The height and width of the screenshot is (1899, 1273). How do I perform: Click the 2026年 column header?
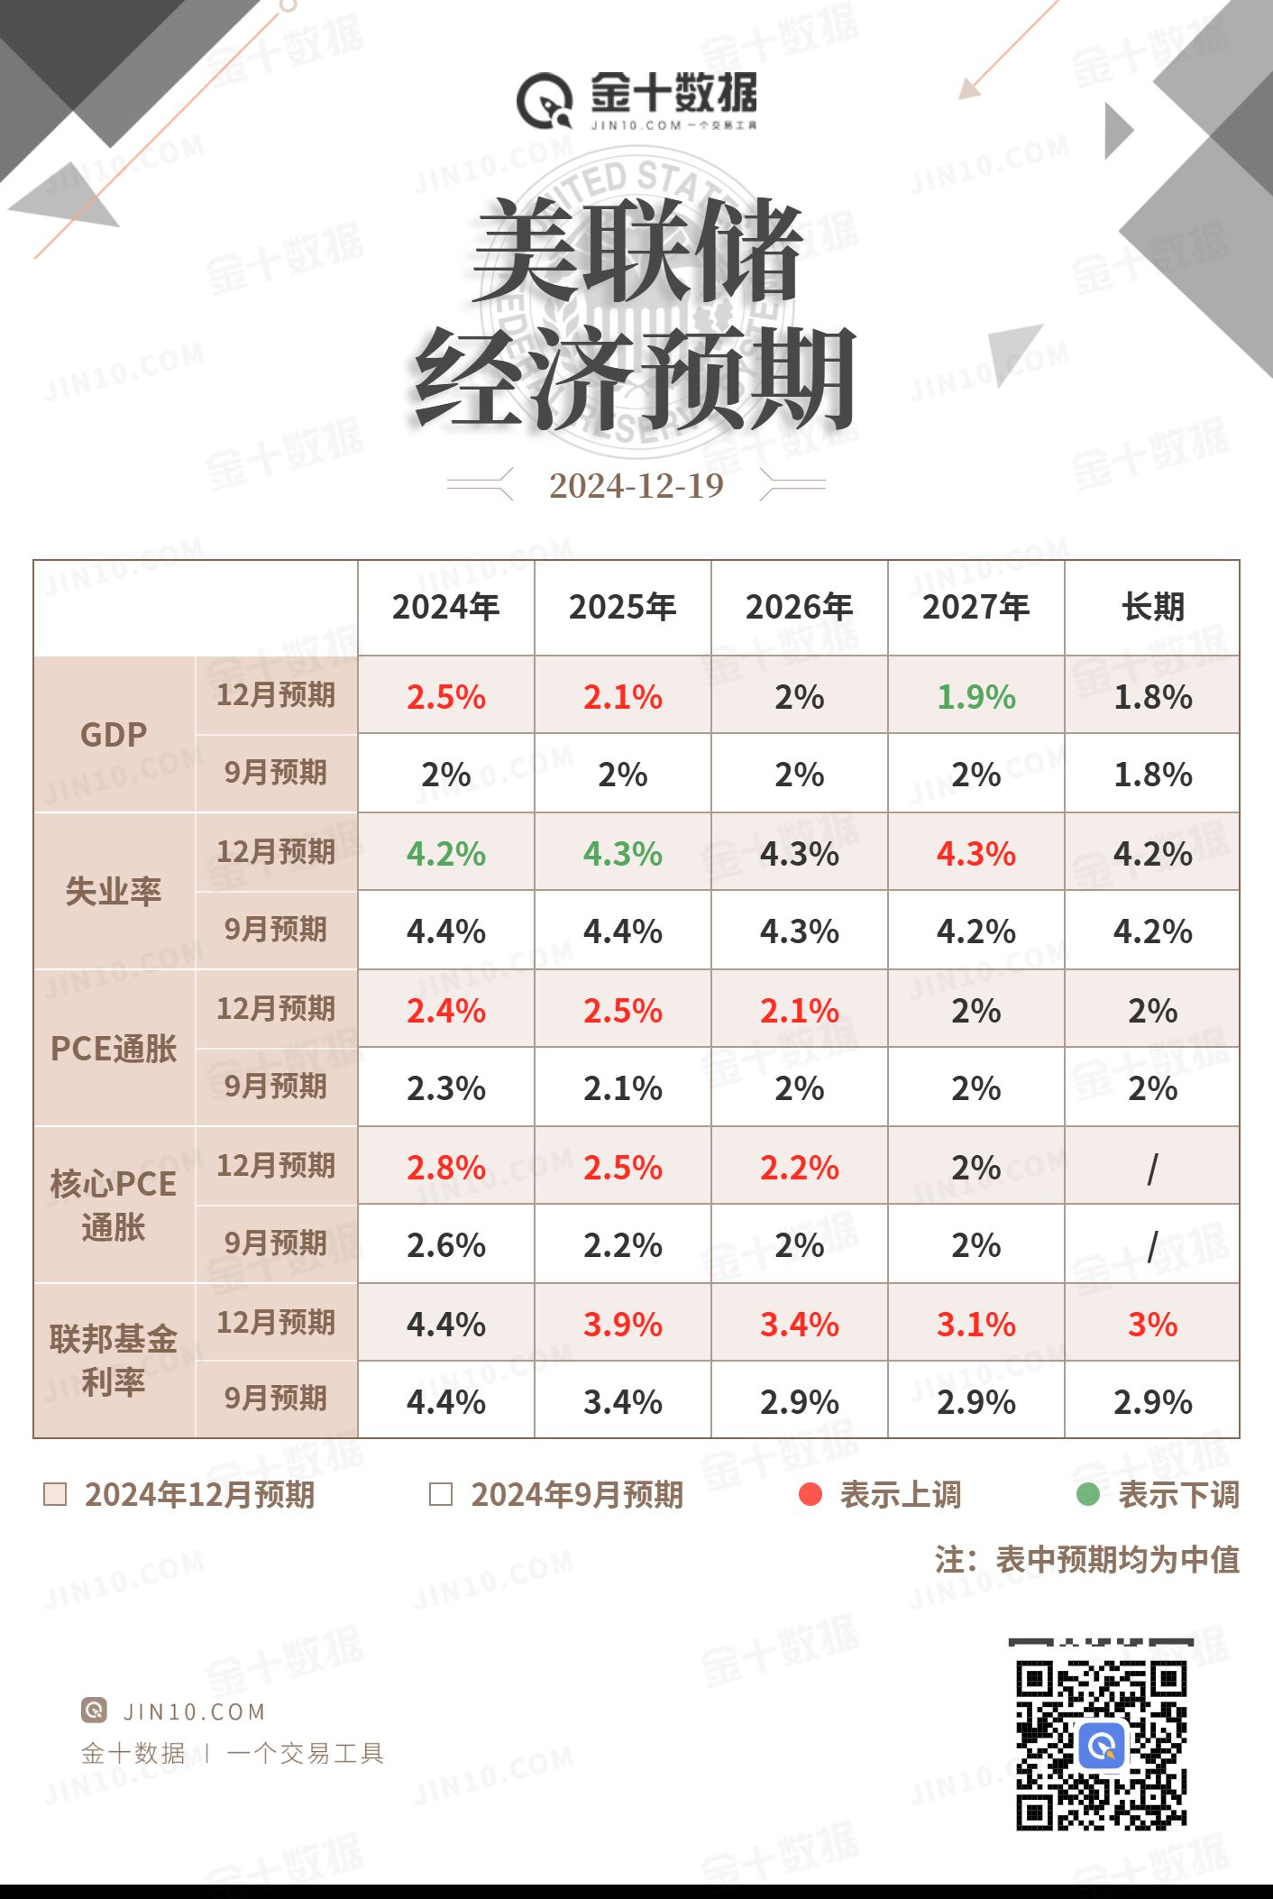pyautogui.click(x=799, y=607)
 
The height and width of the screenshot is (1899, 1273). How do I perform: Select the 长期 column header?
pyautogui.click(x=1152, y=607)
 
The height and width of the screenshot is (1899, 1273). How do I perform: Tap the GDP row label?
pyautogui.click(x=114, y=735)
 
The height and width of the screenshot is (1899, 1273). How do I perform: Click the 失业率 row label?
pyautogui.click(x=114, y=892)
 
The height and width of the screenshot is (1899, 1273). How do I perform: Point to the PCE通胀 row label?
pyautogui.click(x=114, y=1049)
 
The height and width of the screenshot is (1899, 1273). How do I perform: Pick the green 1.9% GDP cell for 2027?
pyautogui.click(x=975, y=697)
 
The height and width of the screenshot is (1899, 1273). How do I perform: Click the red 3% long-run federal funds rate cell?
pyautogui.click(x=1152, y=1325)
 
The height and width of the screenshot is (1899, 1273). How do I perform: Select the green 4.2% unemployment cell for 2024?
pyautogui.click(x=445, y=854)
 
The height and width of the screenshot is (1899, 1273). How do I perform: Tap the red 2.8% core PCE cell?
pyautogui.click(x=445, y=1168)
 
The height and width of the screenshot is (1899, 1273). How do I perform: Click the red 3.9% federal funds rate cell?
pyautogui.click(x=622, y=1325)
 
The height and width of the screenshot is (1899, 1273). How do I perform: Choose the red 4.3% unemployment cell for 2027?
pyautogui.click(x=975, y=854)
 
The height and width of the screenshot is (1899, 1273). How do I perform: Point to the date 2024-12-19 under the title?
pyautogui.click(x=636, y=486)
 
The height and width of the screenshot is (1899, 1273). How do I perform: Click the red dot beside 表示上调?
pyautogui.click(x=811, y=1495)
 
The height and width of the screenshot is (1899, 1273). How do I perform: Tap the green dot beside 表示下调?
pyautogui.click(x=1088, y=1495)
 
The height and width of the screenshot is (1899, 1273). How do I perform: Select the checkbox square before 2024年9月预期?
pyautogui.click(x=441, y=1495)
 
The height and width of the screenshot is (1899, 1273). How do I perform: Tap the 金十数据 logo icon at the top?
pyautogui.click(x=545, y=101)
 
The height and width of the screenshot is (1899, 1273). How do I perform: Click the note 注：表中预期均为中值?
pyautogui.click(x=1087, y=1560)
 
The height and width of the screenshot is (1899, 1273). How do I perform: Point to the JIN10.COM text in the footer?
pyautogui.click(x=194, y=1711)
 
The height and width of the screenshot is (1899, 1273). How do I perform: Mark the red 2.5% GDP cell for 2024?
pyautogui.click(x=445, y=697)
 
